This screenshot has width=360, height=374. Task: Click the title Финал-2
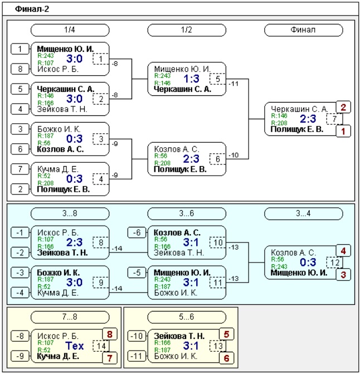click(32, 9)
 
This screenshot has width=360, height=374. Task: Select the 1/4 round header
click(70, 30)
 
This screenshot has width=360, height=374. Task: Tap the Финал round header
click(303, 30)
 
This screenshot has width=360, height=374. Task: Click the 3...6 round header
click(187, 213)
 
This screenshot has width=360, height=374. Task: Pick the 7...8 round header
click(70, 317)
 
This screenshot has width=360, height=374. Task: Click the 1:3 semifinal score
click(192, 79)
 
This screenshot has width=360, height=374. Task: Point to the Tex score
click(75, 346)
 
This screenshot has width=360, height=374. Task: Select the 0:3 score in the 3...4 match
click(308, 263)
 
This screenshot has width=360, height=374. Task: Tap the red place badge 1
click(343, 131)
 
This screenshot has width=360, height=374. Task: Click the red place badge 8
click(110, 334)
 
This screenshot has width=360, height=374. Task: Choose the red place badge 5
click(226, 334)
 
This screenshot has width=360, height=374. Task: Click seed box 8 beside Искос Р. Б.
click(20, 69)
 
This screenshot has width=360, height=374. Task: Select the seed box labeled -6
click(137, 232)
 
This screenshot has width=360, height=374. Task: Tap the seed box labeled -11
click(137, 356)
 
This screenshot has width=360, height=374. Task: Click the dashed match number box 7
click(334, 119)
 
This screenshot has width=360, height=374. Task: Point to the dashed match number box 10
click(218, 242)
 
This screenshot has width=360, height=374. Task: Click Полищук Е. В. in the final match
click(297, 129)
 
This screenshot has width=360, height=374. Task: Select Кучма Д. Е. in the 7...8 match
click(58, 356)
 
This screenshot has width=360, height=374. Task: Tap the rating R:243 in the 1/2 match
click(162, 76)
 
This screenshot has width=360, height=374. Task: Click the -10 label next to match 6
click(233, 156)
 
